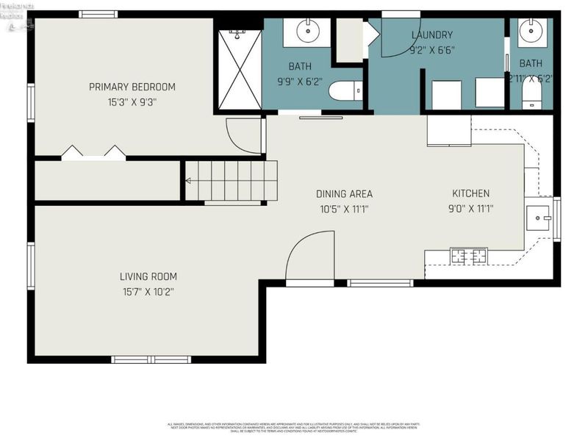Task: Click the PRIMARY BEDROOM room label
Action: coord(132,87)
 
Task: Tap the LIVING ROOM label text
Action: coord(148,276)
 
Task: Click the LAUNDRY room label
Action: coord(432,35)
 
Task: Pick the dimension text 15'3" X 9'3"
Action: coord(132,103)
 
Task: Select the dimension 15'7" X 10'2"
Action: coord(148,292)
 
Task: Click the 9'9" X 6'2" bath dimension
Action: coord(300,81)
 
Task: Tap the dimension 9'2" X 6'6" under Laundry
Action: coord(432,50)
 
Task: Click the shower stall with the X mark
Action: coord(239,68)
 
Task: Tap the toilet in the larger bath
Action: coord(345,91)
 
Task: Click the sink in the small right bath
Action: coord(531,32)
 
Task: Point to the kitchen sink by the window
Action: coord(540,218)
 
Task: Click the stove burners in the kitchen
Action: coord(468,256)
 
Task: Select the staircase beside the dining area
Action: coord(232,180)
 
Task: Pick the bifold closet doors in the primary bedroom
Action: coord(93,152)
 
